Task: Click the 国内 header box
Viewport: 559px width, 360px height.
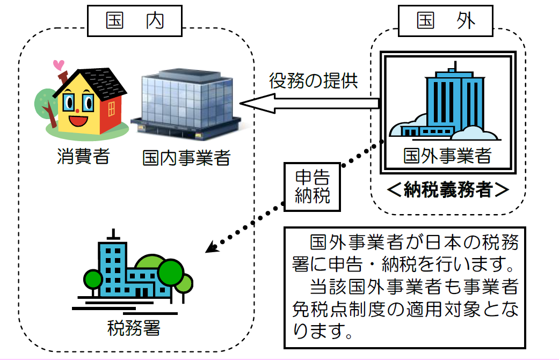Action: point(135,22)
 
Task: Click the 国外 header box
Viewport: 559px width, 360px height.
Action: point(445,22)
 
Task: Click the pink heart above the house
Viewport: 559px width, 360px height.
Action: point(58,65)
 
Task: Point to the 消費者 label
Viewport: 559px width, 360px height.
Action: point(83,157)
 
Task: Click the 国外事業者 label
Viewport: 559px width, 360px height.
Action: point(447,156)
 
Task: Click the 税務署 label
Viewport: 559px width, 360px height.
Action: point(134,326)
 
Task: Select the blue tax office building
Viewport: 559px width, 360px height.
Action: point(127,274)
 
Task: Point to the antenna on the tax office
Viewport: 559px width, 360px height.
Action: point(113,234)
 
